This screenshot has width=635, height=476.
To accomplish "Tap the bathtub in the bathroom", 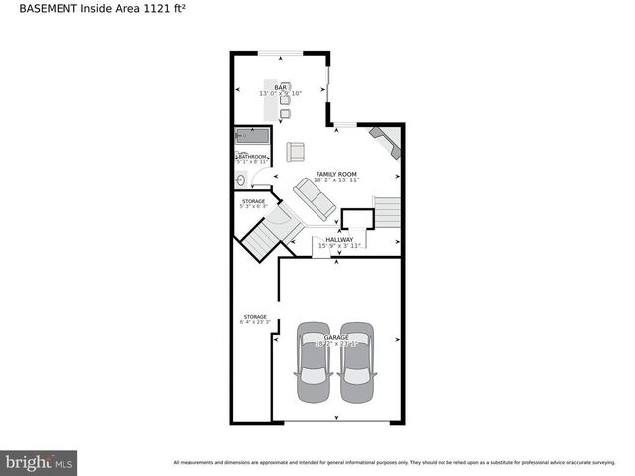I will coord(252,137).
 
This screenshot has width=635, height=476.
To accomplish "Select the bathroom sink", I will coord(240,179).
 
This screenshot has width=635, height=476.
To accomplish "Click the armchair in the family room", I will coord(295,151).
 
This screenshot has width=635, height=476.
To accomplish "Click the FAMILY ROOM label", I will coord(335,174).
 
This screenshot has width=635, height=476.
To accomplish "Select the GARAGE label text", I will coord(335,337).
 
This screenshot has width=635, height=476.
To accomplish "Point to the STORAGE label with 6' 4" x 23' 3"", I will coord(254,317).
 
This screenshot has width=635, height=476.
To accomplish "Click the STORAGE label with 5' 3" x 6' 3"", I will coord(254,201).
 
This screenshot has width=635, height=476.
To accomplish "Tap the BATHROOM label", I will coord(252,156).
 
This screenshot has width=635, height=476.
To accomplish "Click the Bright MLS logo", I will coord(39,461).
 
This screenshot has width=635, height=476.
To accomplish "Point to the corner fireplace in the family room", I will coord(385,141).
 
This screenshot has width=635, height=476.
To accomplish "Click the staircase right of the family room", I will coord(386,212).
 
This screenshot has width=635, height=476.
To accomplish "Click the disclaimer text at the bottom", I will coord(401,462).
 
